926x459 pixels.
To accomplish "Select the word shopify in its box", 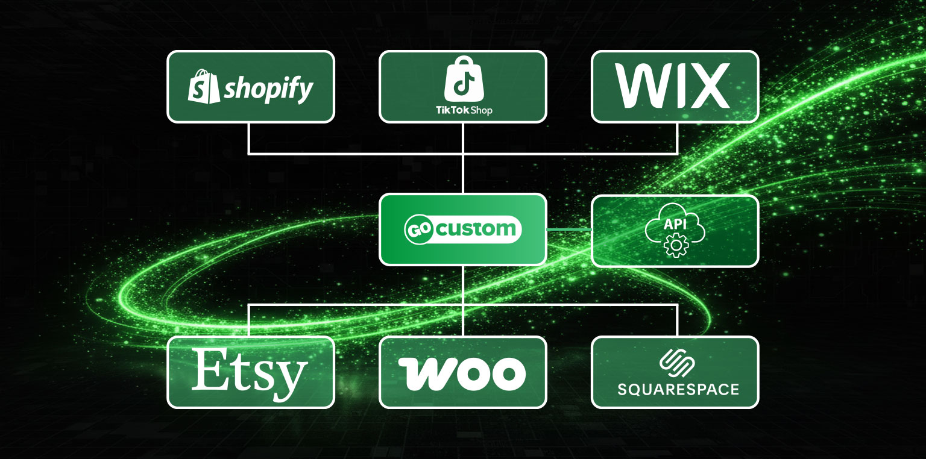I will [268, 89].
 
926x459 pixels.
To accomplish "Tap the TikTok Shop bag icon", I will [463, 81].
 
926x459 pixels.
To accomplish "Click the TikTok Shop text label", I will [463, 110].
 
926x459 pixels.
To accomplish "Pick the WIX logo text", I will [674, 87].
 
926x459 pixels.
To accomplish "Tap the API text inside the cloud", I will [675, 224].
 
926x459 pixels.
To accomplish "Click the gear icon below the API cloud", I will [675, 246].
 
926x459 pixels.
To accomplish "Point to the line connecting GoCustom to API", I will [569, 230].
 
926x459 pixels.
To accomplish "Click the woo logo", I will [462, 373].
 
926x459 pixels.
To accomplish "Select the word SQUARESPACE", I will [678, 390].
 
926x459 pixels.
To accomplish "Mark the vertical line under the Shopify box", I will [249, 138].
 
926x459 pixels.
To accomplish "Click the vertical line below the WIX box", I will [677, 138].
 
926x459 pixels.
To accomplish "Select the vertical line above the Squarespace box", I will [677, 320].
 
